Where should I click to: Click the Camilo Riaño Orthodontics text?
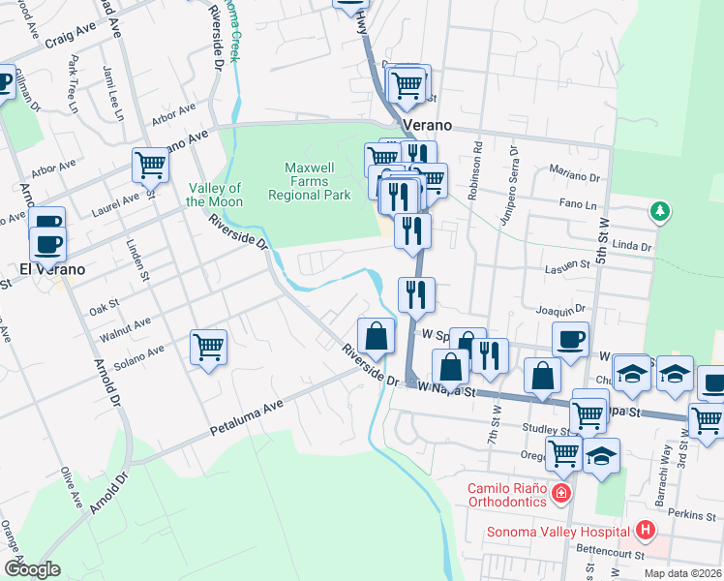point(508,495)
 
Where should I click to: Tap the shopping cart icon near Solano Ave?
point(209,346)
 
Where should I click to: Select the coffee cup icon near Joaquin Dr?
point(570,339)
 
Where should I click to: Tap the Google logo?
point(32,568)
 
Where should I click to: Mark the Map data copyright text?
point(682,573)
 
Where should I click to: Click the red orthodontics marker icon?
point(559,495)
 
